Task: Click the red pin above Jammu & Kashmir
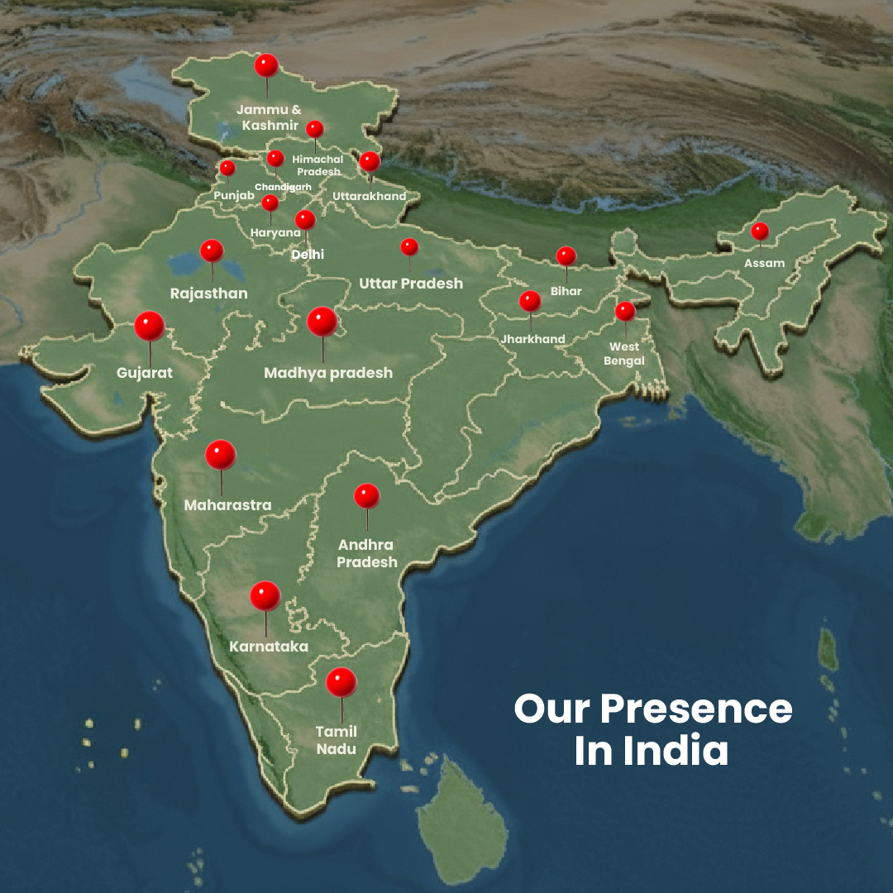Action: pos(265,65)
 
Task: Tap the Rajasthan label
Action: pos(208,294)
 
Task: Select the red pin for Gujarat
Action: pos(150,326)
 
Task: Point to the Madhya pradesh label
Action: pos(328,373)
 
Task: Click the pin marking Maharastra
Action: pos(221,455)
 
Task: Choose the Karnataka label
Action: pos(269,647)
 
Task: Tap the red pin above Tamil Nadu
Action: pos(341,682)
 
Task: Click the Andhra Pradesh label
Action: pos(367,553)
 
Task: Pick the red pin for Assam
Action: pos(760,231)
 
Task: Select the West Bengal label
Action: pos(624,353)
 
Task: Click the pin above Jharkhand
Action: pos(530,301)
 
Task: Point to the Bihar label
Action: pos(566,291)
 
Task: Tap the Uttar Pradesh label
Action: pos(411,284)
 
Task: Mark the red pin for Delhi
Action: pos(305,220)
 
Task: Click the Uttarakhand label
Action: pos(370,197)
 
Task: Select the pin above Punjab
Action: pos(227,168)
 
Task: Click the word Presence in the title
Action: pos(696,709)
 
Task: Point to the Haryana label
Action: pos(275,233)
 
